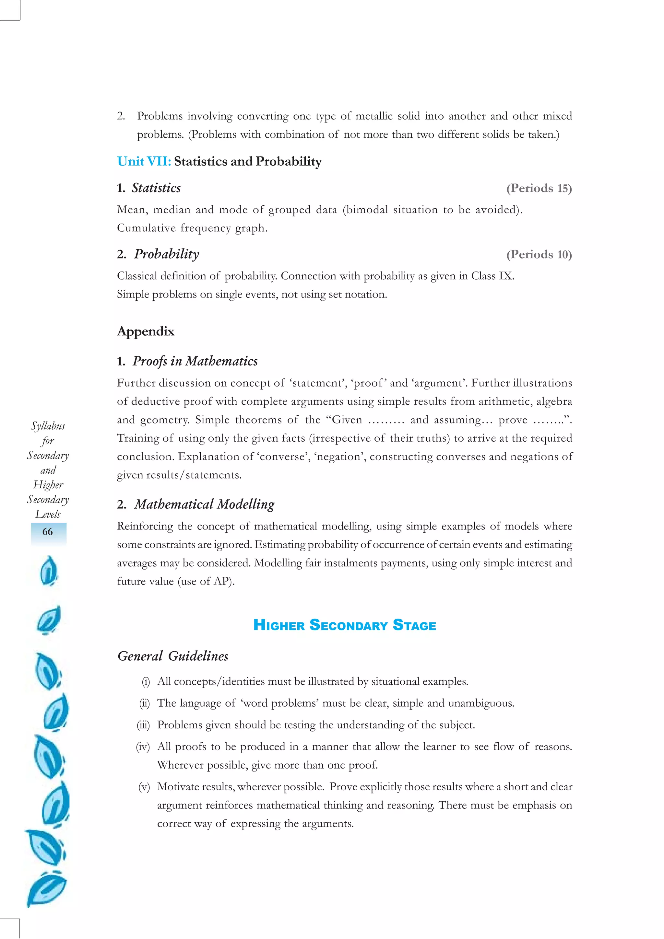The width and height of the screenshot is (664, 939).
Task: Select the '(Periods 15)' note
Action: [x=539, y=188]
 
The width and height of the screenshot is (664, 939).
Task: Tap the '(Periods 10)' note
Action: [x=539, y=254]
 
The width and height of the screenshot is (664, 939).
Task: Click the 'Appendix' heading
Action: [x=146, y=331]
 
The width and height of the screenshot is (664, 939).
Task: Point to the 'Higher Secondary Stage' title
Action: [x=344, y=625]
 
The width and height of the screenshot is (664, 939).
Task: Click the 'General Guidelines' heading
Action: [x=173, y=656]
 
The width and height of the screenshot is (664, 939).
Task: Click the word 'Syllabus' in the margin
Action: [x=48, y=426]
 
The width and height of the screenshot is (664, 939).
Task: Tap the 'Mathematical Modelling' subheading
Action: [x=204, y=504]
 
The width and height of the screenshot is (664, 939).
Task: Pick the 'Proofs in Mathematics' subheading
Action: [x=195, y=361]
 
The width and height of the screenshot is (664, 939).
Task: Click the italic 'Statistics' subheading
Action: [x=156, y=188]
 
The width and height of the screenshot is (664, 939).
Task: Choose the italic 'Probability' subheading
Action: [x=167, y=254]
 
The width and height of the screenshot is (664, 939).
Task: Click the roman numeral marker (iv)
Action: [x=143, y=747]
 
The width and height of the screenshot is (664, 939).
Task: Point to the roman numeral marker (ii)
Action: [x=144, y=703]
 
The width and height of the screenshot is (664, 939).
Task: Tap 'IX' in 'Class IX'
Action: [x=505, y=276]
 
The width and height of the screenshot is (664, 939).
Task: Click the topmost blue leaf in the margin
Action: [x=49, y=571]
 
